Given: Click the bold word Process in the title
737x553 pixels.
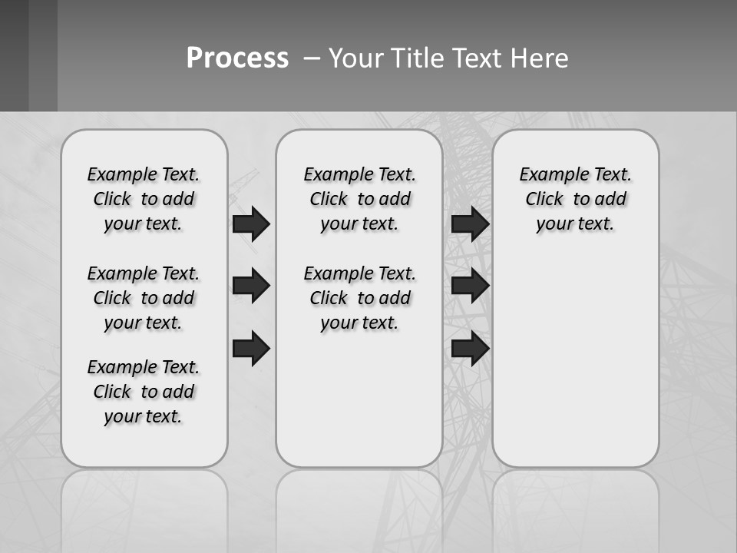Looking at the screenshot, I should pyautogui.click(x=237, y=58).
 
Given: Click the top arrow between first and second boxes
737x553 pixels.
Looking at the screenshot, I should pyautogui.click(x=251, y=224).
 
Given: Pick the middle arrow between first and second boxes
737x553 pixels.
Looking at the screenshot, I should pyautogui.click(x=251, y=286).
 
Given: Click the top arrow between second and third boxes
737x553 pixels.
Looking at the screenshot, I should pyautogui.click(x=470, y=224).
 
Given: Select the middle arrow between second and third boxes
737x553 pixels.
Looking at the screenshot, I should pyautogui.click(x=470, y=286).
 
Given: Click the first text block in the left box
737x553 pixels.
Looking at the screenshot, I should pyautogui.click(x=144, y=199).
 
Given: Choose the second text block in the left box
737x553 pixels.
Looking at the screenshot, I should pyautogui.click(x=144, y=298).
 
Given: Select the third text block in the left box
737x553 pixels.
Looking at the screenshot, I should pyautogui.click(x=144, y=392).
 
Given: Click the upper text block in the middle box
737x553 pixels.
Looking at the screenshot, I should pyautogui.click(x=359, y=199).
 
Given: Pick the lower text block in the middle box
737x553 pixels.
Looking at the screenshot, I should pyautogui.click(x=359, y=298).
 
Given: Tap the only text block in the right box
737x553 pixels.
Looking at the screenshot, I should pyautogui.click(x=575, y=199).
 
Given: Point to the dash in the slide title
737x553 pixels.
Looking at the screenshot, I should pyautogui.click(x=312, y=59).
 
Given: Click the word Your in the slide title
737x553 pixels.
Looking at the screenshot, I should pyautogui.click(x=356, y=58).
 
